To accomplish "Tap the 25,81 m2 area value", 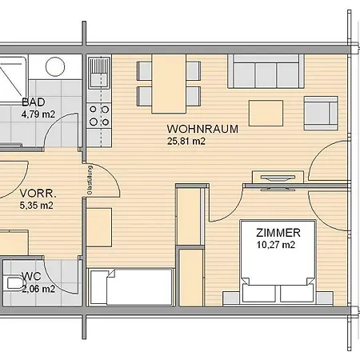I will click(x=186, y=141).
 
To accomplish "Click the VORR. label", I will click(x=38, y=193).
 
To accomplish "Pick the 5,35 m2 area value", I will click(x=36, y=205).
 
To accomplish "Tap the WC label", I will click(x=31, y=277).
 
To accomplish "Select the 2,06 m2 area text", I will click(x=38, y=289).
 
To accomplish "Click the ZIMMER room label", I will click(x=278, y=233).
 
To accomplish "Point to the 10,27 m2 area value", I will click(x=276, y=245).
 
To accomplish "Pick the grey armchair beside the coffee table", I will click(x=322, y=110).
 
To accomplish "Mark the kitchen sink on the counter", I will click(x=99, y=76).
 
